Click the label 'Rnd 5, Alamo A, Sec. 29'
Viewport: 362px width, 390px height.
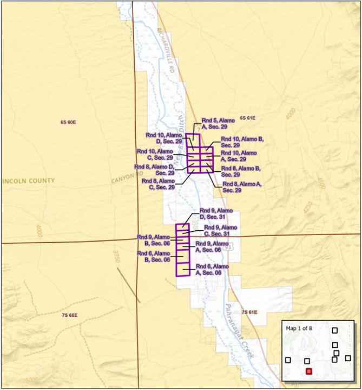tap(218, 123)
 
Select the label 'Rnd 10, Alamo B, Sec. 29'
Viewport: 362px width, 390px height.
tap(242, 142)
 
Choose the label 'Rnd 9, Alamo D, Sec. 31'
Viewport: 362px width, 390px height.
tap(216, 213)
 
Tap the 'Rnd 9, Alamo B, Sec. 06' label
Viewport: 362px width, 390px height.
tap(154, 240)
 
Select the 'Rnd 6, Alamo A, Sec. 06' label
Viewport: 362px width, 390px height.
tap(212, 270)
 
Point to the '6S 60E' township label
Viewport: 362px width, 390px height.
tap(68, 122)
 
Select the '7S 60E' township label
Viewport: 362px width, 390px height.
tap(70, 315)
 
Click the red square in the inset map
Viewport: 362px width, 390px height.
tap(308, 371)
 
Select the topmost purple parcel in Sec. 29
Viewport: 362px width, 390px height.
tap(193, 140)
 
